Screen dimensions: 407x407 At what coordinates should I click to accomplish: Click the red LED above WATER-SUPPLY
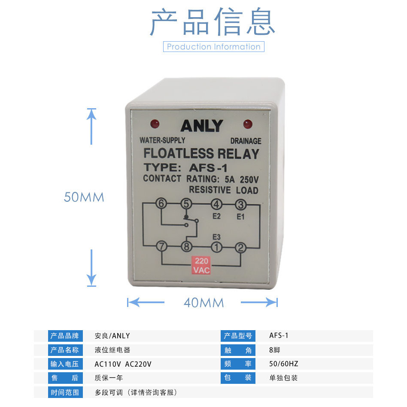click(x=155, y=124)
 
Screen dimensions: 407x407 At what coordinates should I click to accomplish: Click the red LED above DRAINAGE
click(x=248, y=124)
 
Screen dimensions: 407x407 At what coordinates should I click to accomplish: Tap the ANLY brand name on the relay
click(x=202, y=126)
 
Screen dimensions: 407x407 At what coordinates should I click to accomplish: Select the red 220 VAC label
click(x=202, y=265)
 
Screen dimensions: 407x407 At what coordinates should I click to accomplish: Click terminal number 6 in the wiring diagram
click(x=161, y=204)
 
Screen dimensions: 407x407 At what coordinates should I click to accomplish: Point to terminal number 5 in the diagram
click(x=186, y=204)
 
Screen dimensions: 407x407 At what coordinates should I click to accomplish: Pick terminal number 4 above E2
click(x=216, y=204)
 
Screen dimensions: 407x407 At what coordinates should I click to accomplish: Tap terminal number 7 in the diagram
click(x=161, y=247)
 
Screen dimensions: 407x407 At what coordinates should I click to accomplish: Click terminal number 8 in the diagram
click(x=186, y=247)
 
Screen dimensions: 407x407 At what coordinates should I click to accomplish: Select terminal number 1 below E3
click(x=216, y=247)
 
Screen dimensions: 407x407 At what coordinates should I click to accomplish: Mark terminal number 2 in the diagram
click(x=240, y=247)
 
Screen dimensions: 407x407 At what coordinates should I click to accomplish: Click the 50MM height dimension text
click(x=84, y=197)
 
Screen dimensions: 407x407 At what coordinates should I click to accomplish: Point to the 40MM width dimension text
click(x=203, y=303)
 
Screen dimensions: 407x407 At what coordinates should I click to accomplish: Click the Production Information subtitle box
click(x=213, y=46)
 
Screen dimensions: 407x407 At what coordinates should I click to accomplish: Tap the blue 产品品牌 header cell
click(x=64, y=336)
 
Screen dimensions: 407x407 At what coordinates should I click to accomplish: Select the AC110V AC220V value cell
click(x=123, y=364)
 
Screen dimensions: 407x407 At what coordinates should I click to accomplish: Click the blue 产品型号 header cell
click(x=238, y=336)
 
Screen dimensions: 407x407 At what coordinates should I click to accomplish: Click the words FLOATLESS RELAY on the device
click(x=201, y=153)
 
